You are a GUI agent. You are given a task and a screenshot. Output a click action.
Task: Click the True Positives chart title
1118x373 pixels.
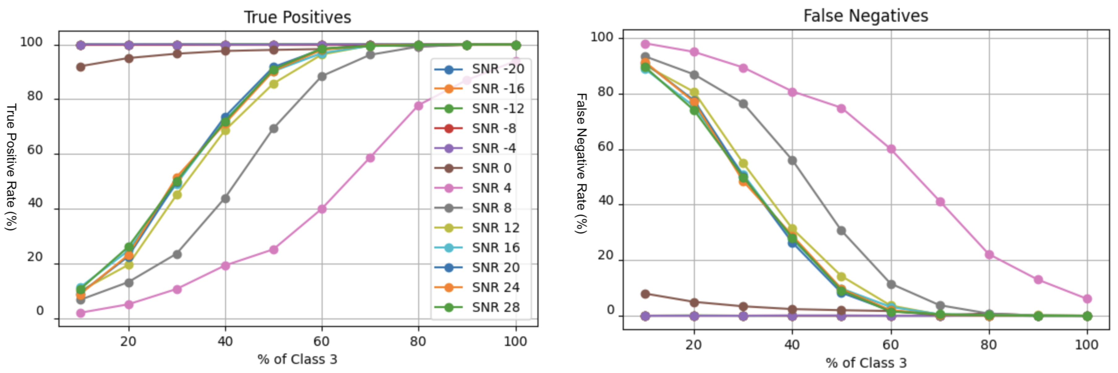[297, 17]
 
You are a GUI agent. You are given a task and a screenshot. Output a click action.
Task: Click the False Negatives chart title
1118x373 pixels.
[865, 16]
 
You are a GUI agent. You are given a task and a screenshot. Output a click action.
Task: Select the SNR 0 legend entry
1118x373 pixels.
[491, 168]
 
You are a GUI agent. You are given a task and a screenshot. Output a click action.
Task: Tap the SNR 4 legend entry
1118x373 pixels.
[491, 188]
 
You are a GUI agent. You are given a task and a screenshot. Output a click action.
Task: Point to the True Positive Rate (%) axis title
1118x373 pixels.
[11, 167]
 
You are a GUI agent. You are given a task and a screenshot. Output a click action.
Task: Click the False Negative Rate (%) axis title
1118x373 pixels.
[581, 163]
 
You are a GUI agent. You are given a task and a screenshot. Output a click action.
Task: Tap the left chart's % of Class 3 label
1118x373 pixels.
[297, 359]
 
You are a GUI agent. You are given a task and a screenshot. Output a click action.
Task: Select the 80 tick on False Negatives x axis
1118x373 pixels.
[989, 345]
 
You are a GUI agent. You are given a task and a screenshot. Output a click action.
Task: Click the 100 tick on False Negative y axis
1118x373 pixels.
[602, 37]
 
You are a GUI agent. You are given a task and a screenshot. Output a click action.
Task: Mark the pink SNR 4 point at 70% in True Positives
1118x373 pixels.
[370, 158]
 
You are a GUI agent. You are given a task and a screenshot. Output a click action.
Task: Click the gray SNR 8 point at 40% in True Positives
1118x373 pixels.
[225, 199]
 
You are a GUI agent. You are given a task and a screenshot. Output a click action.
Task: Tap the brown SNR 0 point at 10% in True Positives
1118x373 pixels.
[81, 67]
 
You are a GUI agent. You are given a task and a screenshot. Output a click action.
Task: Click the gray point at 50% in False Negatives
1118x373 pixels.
[842, 231]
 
